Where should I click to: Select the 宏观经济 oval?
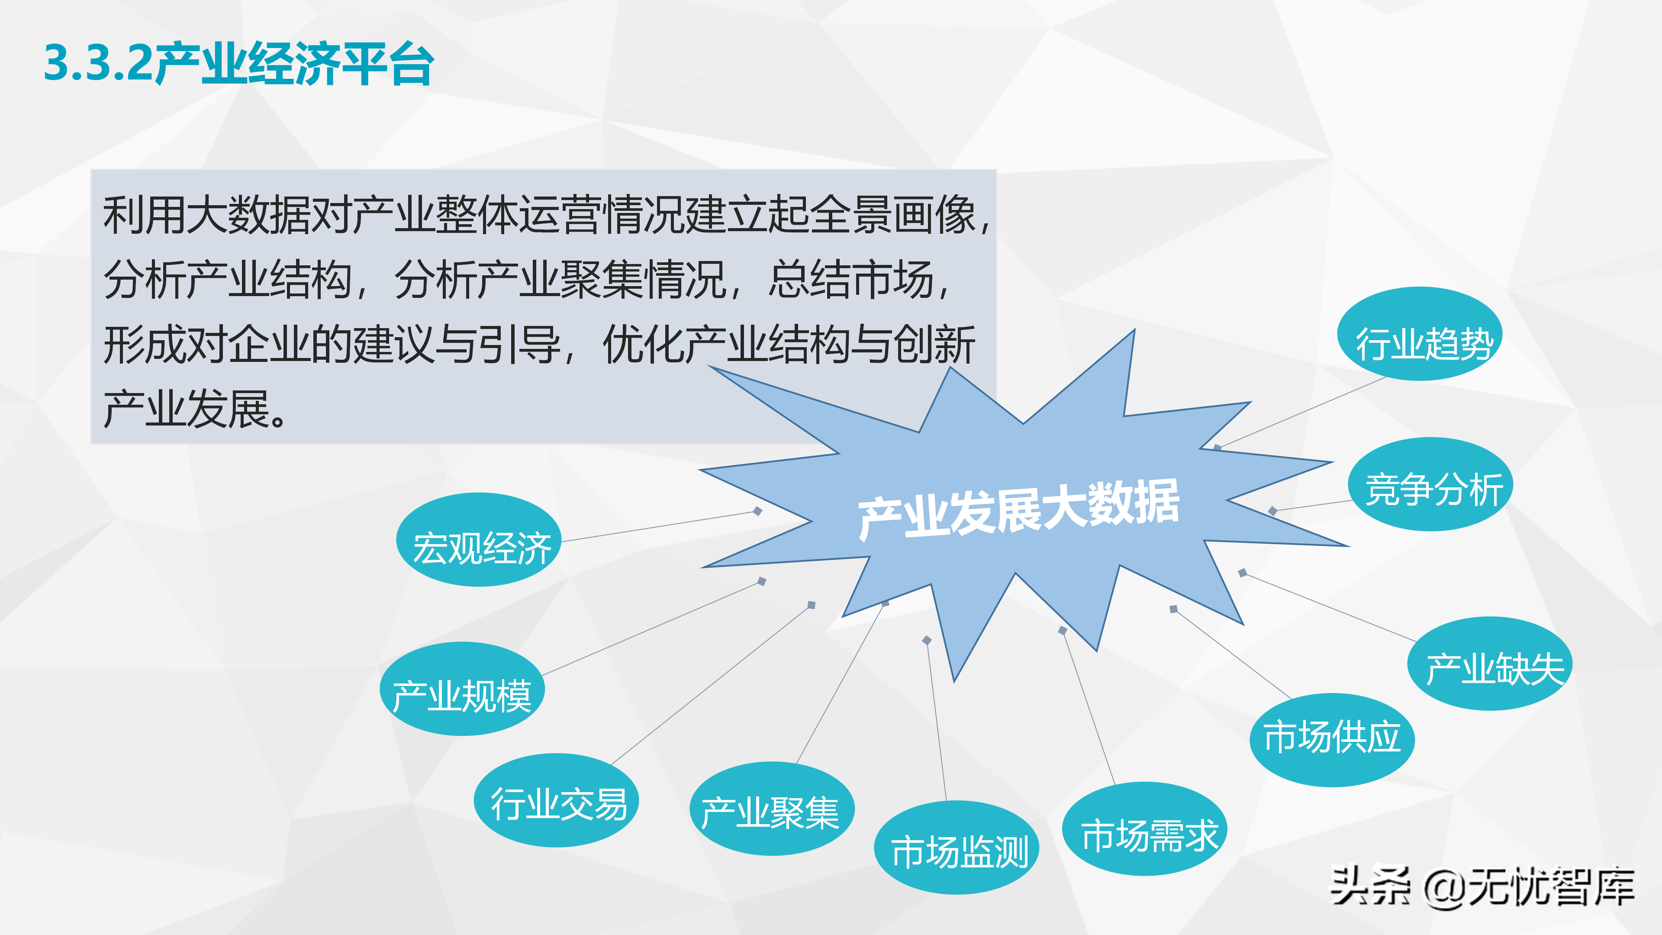(479, 539)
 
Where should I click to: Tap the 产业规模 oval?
(462, 689)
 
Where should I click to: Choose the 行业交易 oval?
(556, 800)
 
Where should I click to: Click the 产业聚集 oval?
(772, 809)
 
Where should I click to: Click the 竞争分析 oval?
(1430, 485)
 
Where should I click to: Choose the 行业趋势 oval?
(1420, 334)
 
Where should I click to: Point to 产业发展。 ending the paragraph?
(193, 409)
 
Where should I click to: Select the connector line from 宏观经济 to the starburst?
(658, 526)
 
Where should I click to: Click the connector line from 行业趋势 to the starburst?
(1303, 412)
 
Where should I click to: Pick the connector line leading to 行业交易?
(710, 685)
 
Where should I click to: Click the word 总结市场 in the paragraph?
(852, 280)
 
